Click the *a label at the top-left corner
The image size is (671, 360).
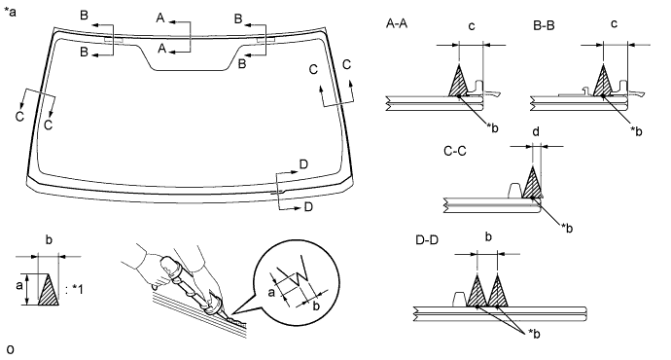click(10, 12)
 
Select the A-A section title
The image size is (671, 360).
click(397, 23)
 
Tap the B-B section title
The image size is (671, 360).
click(544, 25)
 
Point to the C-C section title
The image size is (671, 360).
click(455, 151)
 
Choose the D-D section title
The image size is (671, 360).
click(427, 240)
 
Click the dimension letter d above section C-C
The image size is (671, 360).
click(536, 132)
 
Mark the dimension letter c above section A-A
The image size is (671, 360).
click(472, 26)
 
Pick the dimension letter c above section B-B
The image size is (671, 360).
click(614, 24)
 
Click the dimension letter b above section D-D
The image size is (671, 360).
click(488, 236)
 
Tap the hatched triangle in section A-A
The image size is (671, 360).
click(459, 84)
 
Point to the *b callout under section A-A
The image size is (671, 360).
click(492, 127)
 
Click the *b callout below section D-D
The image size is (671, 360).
click(534, 333)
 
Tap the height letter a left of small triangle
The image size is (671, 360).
click(19, 285)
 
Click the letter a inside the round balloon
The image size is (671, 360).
click(271, 292)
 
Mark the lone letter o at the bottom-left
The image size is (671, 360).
click(11, 349)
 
